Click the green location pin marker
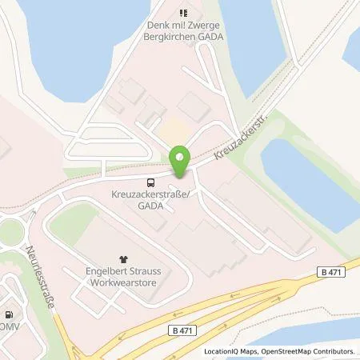[181, 162]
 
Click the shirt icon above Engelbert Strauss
[123, 259]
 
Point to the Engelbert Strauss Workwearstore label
[124, 276]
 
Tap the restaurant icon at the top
[182, 13]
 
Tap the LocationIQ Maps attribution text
[229, 351]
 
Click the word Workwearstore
[124, 282]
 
